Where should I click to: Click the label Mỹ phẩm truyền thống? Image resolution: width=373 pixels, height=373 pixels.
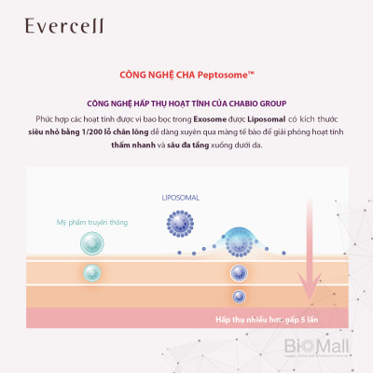(91, 223)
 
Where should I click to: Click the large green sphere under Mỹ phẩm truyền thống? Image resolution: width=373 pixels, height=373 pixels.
(91, 245)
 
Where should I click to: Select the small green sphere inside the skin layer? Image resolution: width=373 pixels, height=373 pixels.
(91, 273)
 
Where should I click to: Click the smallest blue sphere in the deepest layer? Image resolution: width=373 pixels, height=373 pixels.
(239, 297)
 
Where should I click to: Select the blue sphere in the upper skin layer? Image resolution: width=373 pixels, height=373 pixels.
(239, 271)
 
